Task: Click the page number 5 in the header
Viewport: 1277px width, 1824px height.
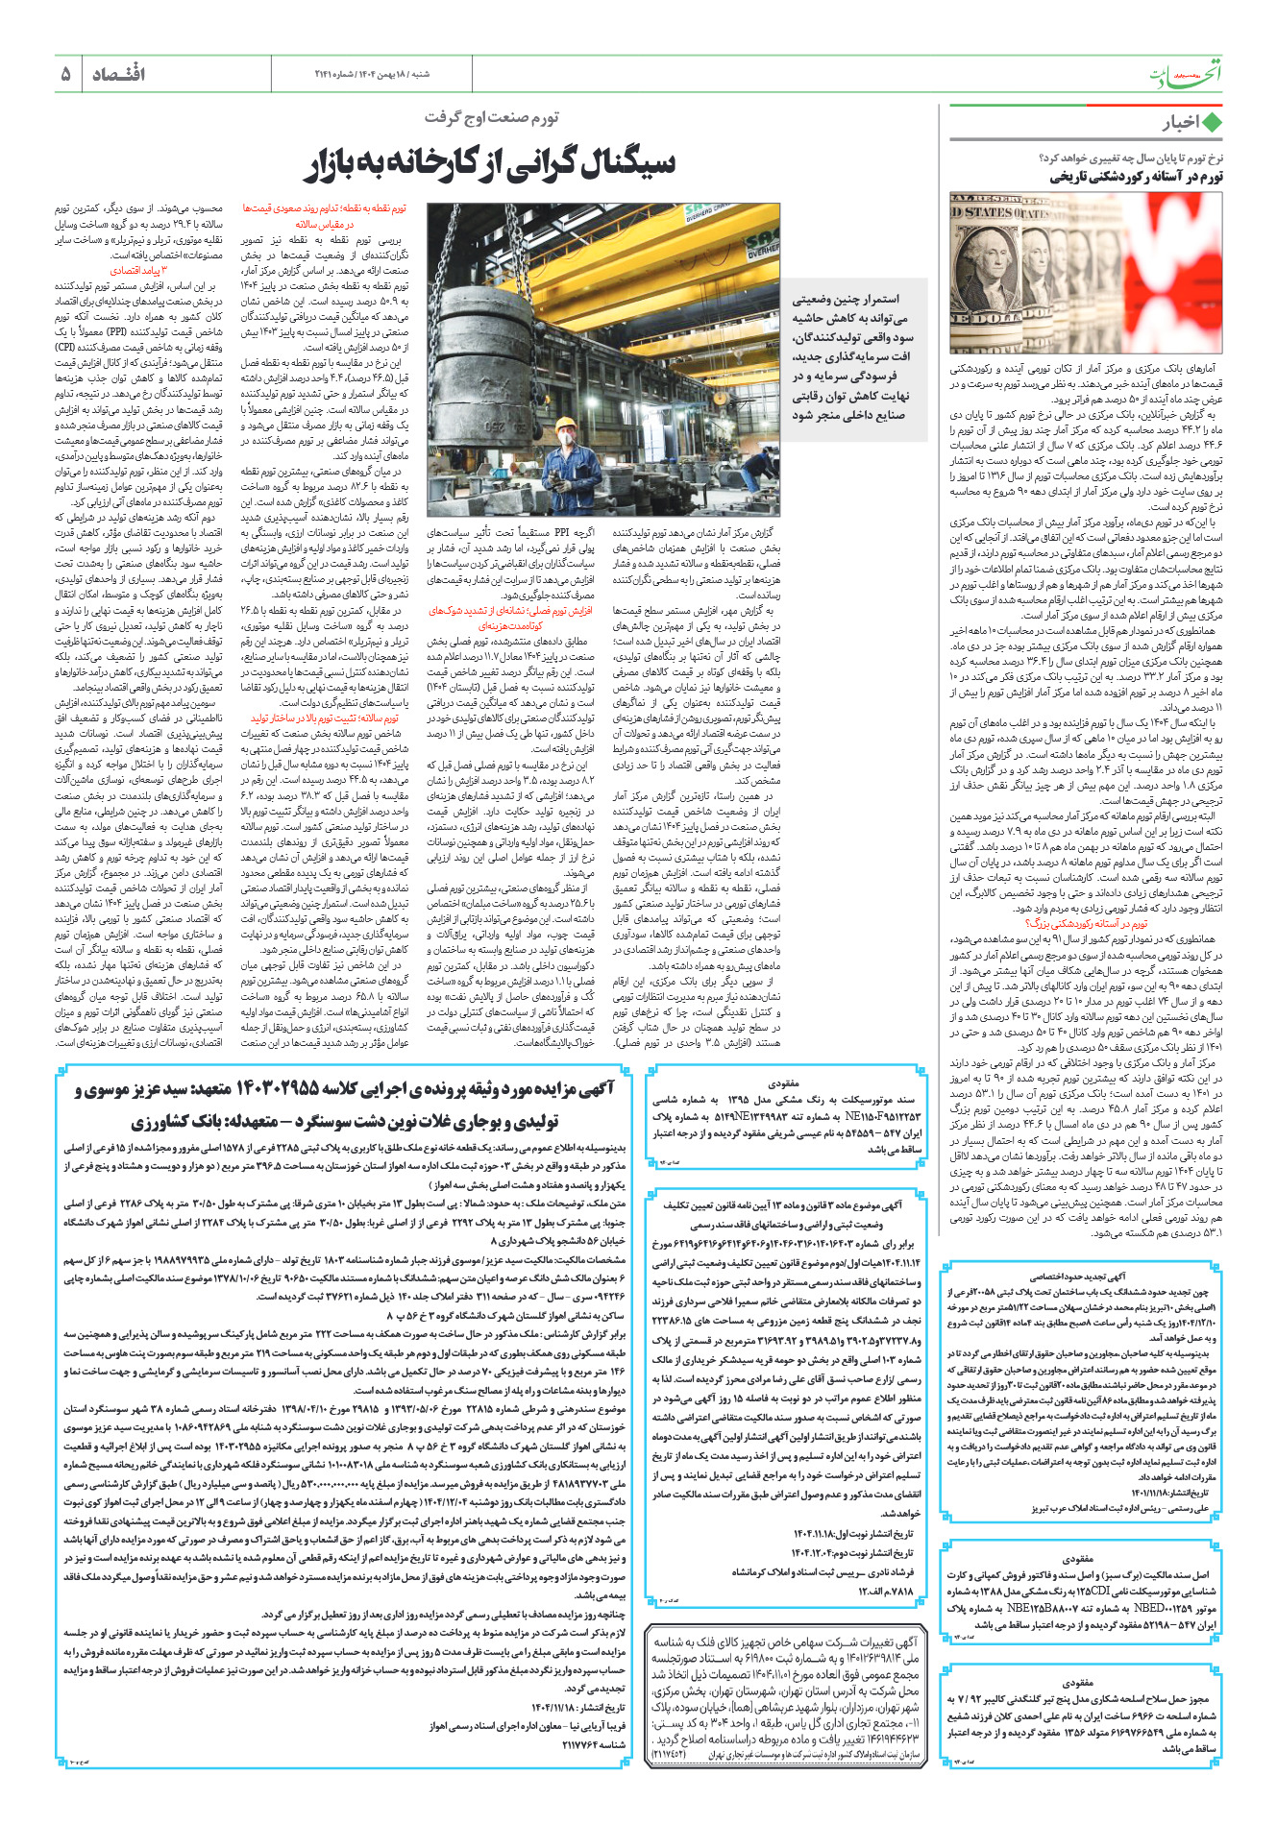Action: tap(65, 74)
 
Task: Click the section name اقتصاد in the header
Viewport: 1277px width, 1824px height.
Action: tap(118, 74)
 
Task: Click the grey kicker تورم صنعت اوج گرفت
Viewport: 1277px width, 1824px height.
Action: tap(491, 117)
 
